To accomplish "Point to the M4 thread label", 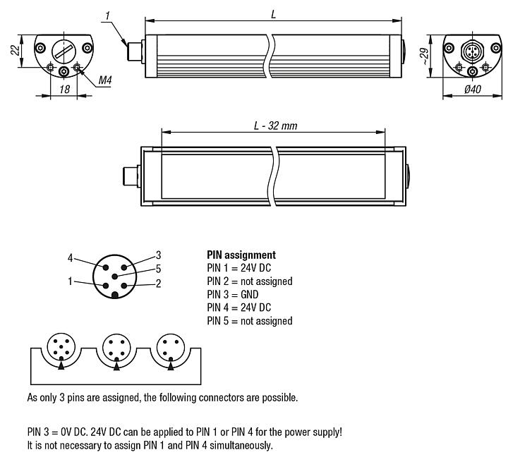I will (105, 81).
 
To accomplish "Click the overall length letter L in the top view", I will (273, 15).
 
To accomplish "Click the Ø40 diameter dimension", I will (472, 90).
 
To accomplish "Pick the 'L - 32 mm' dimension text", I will (275, 125).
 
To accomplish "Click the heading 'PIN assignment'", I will (241, 255).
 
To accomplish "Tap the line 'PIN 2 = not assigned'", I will (249, 281).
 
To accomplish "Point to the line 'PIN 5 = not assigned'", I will (249, 321).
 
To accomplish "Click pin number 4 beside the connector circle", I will (71, 257).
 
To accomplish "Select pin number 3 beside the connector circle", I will (159, 255).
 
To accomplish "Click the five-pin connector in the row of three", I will (60, 346).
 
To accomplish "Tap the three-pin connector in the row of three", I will (170, 346).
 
